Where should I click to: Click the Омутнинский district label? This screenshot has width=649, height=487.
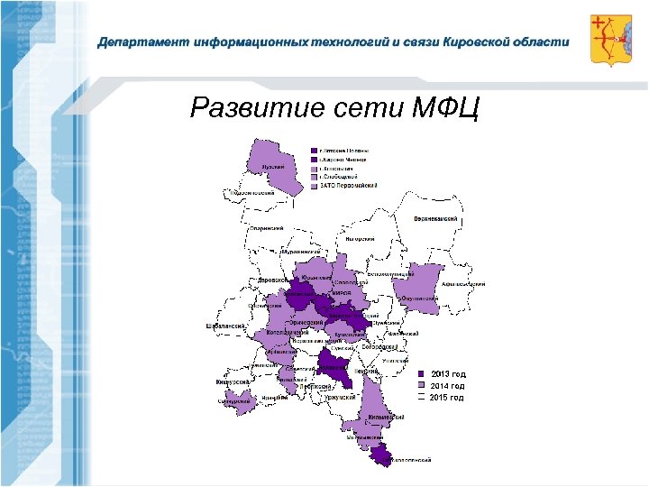pos(419,298)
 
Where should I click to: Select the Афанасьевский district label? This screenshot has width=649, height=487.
pos(464,284)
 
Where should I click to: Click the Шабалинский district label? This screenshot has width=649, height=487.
pos(224,325)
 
